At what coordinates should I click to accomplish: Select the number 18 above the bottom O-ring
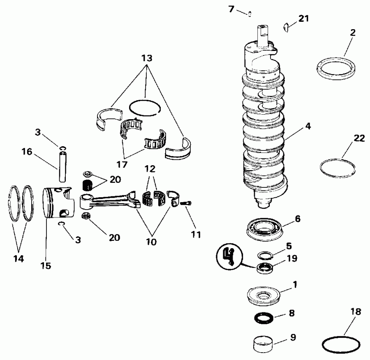(356, 312)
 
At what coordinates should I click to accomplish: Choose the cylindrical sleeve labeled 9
(263, 344)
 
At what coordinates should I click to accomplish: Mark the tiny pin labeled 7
(250, 14)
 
